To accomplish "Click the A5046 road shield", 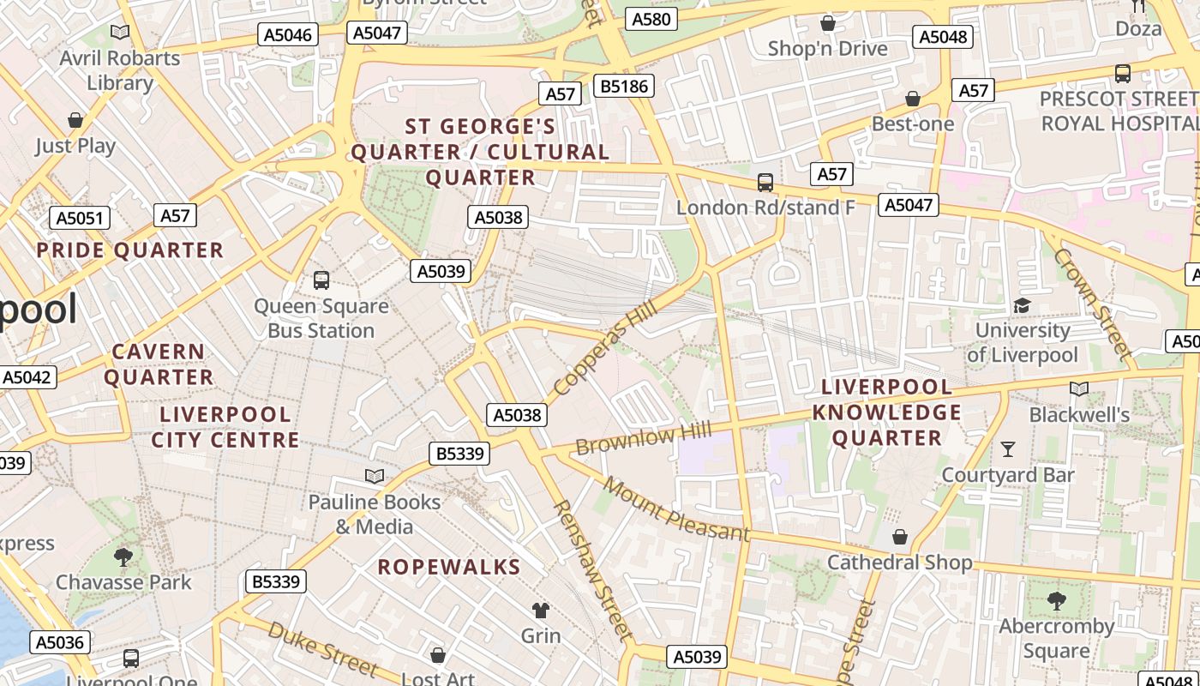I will (288, 34).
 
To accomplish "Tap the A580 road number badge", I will (651, 19).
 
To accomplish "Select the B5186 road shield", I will (625, 86).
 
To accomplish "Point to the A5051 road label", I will (80, 218).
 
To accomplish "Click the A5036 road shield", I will (59, 642).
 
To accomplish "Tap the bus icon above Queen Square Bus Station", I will (321, 280).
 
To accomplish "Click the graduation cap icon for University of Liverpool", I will (1022, 305).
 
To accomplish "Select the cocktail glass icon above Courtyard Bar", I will (1008, 448).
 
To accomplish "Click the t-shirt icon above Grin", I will (540, 610).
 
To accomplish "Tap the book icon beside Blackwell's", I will (1079, 388).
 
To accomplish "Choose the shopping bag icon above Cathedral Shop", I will (900, 537).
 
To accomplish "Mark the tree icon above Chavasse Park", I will (123, 557).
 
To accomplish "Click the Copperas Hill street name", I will (605, 347).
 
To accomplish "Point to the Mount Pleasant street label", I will (675, 509).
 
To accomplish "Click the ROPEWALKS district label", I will (449, 567).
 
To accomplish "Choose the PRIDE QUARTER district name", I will (129, 250).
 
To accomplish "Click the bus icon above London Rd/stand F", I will (765, 183).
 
